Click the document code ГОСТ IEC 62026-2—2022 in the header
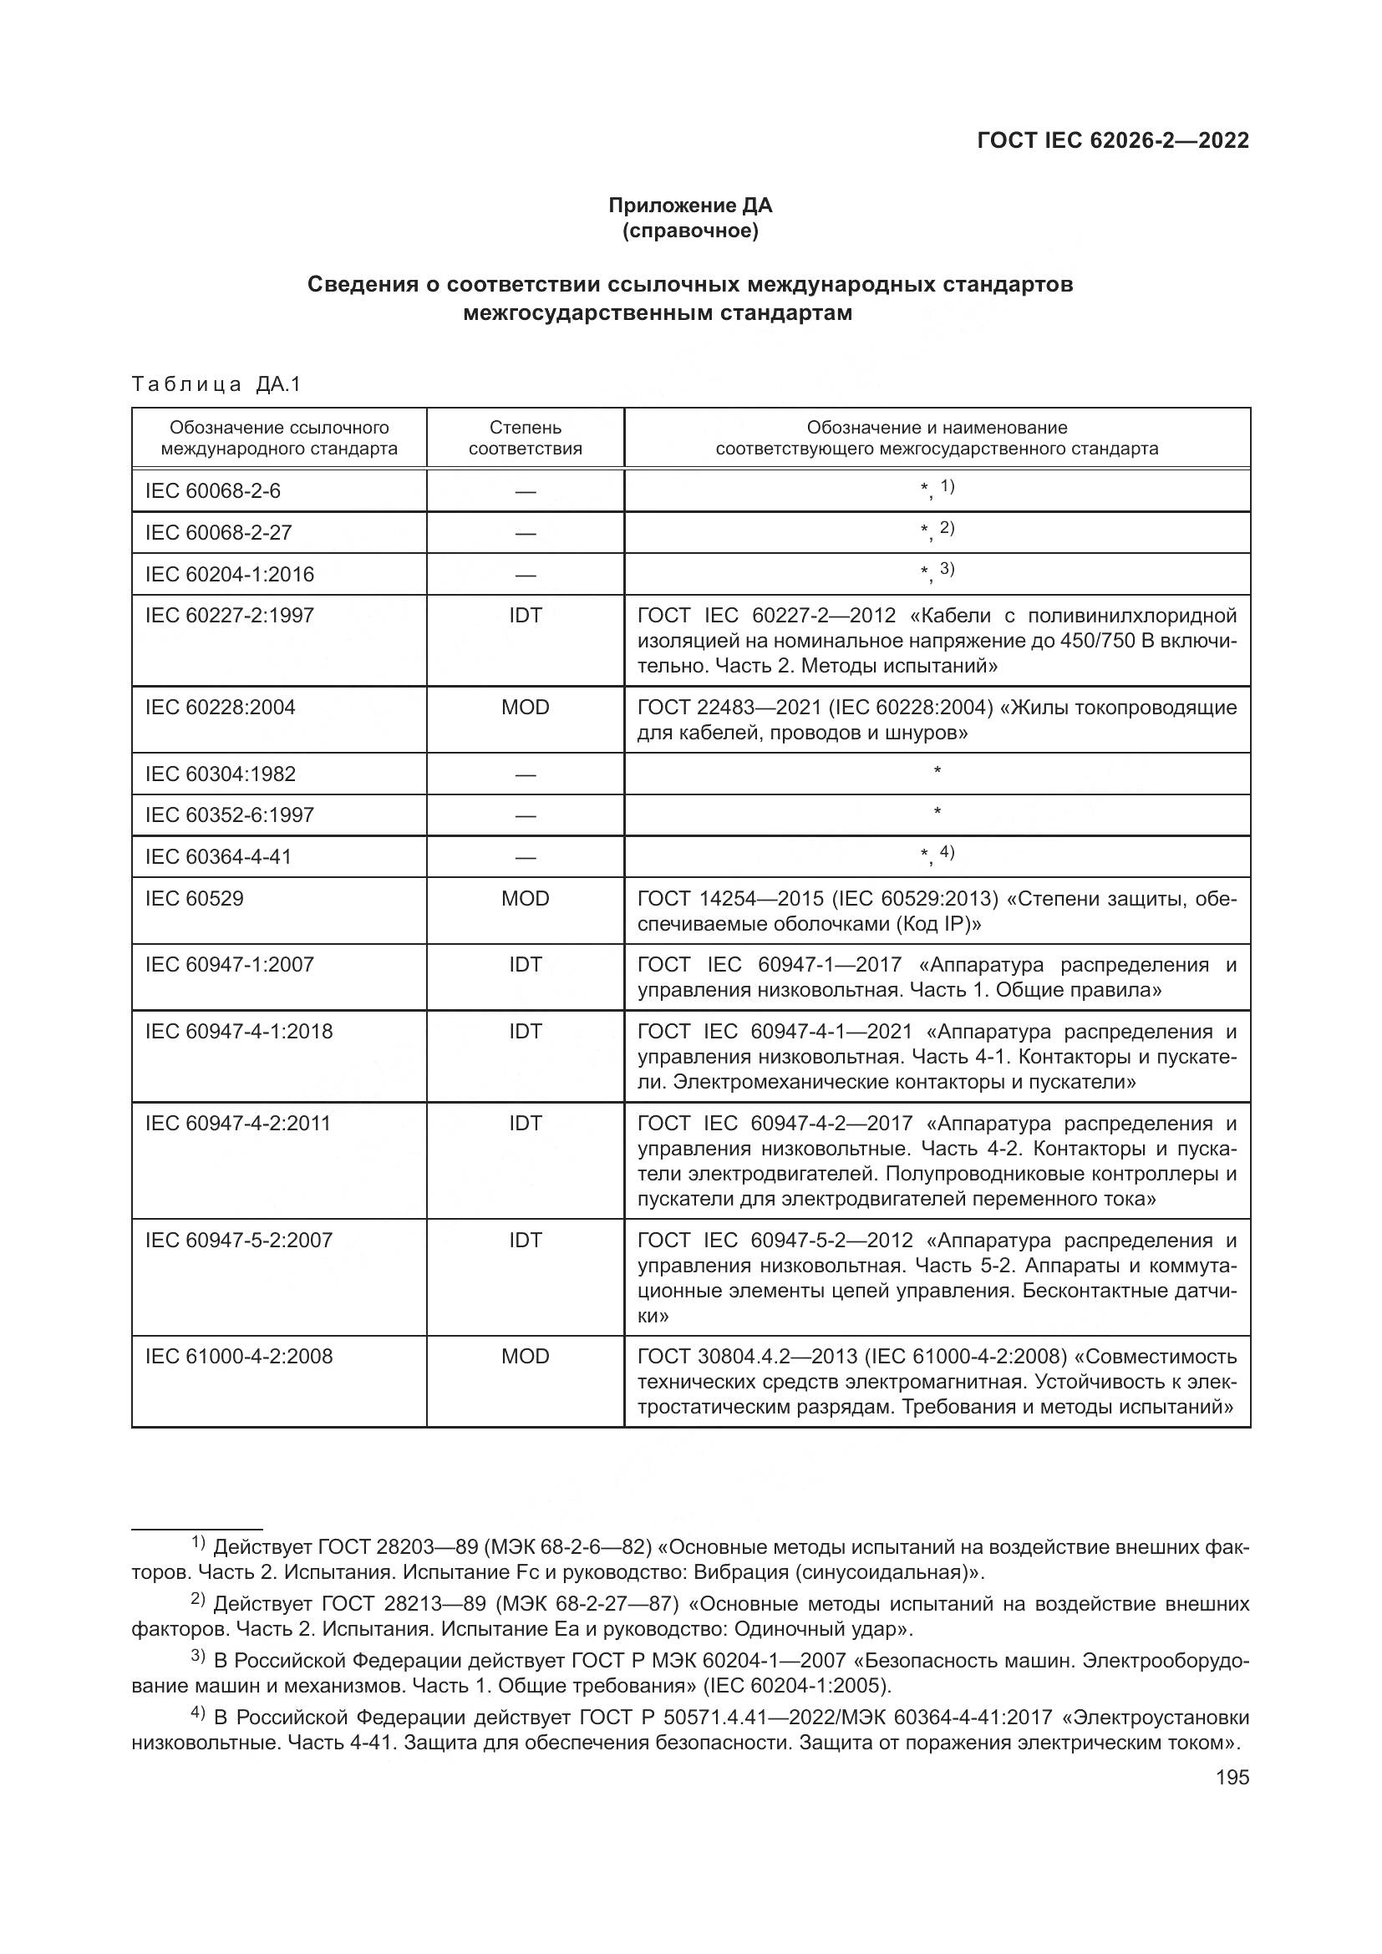1113,141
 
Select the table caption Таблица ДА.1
217,384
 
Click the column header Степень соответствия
525,438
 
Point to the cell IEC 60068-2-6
213,491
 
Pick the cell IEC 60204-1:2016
230,575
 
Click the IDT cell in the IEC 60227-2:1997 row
525,616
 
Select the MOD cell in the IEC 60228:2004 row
525,708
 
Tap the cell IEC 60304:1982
221,774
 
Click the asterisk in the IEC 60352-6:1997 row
937,813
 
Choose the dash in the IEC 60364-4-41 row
525,857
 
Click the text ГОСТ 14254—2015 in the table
730,899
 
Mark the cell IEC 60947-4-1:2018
239,1032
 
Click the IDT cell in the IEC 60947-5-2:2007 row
525,1240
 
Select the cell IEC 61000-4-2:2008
239,1356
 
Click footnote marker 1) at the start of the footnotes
197,1543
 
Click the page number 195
1232,1777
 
